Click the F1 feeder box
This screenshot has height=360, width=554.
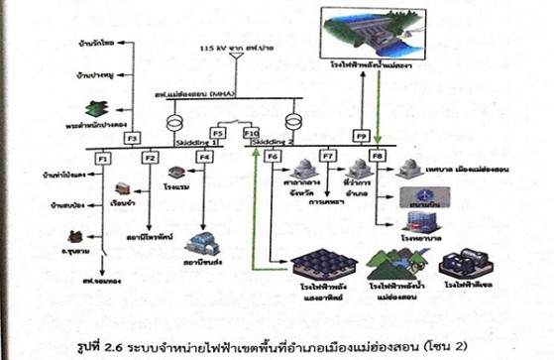102,158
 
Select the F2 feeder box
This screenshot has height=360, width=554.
151,158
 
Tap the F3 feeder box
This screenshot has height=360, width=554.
131,138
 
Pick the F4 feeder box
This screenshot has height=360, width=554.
204,157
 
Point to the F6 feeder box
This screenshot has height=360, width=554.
275,157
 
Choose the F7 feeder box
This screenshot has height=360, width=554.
328,157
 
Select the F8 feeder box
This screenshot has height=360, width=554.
376,157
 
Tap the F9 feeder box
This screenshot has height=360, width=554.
362,135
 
